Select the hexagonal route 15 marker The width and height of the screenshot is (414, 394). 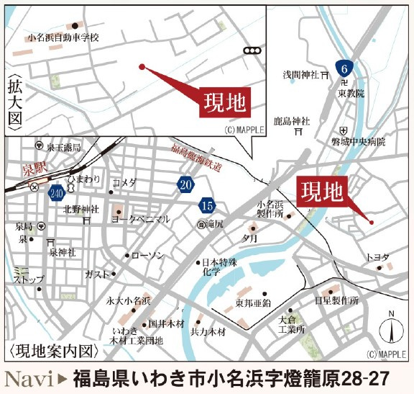coord(208,206)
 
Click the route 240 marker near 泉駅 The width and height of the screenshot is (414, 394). coord(57,192)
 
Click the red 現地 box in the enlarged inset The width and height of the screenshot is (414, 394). coord(224,102)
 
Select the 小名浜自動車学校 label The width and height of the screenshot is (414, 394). coord(63,37)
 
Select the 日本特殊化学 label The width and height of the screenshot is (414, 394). coord(220,267)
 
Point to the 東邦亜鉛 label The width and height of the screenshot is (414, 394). coord(254,303)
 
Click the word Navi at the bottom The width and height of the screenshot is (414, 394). coord(29,377)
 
